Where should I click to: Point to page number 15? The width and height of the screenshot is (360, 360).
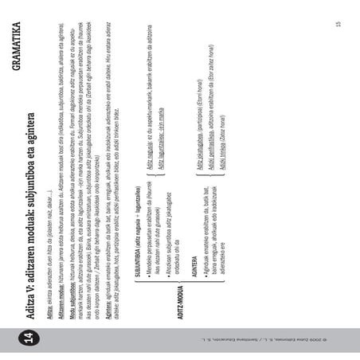pyautogui.click(x=338, y=24)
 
